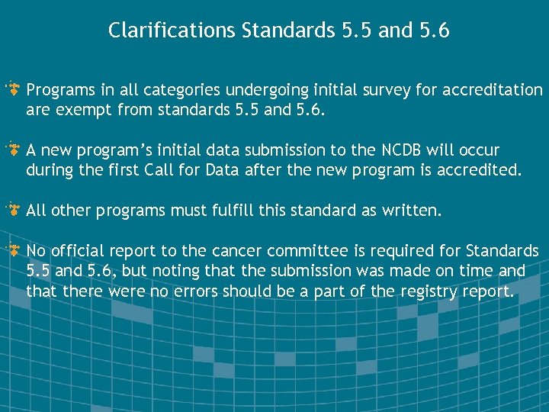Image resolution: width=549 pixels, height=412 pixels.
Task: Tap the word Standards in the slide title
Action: tap(286, 31)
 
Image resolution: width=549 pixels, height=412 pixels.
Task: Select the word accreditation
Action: tap(496, 91)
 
